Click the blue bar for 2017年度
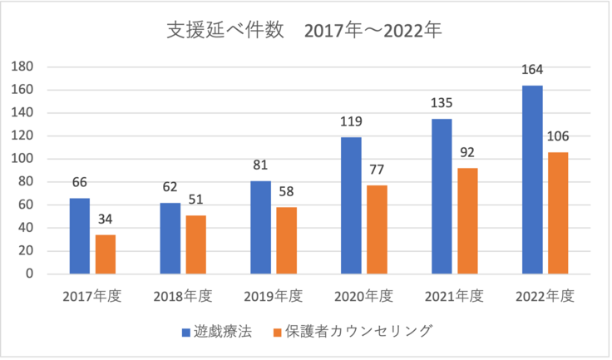point(79,235)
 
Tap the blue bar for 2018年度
point(170,238)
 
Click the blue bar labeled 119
point(351,205)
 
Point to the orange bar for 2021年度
point(468,220)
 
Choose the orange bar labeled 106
point(558,213)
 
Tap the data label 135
point(441,105)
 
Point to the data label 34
point(106,220)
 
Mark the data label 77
point(378,171)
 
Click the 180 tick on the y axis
point(22,67)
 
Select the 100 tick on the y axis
point(22,159)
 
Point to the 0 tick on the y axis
point(28,274)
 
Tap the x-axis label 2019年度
point(273,294)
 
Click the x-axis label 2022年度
point(545,294)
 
